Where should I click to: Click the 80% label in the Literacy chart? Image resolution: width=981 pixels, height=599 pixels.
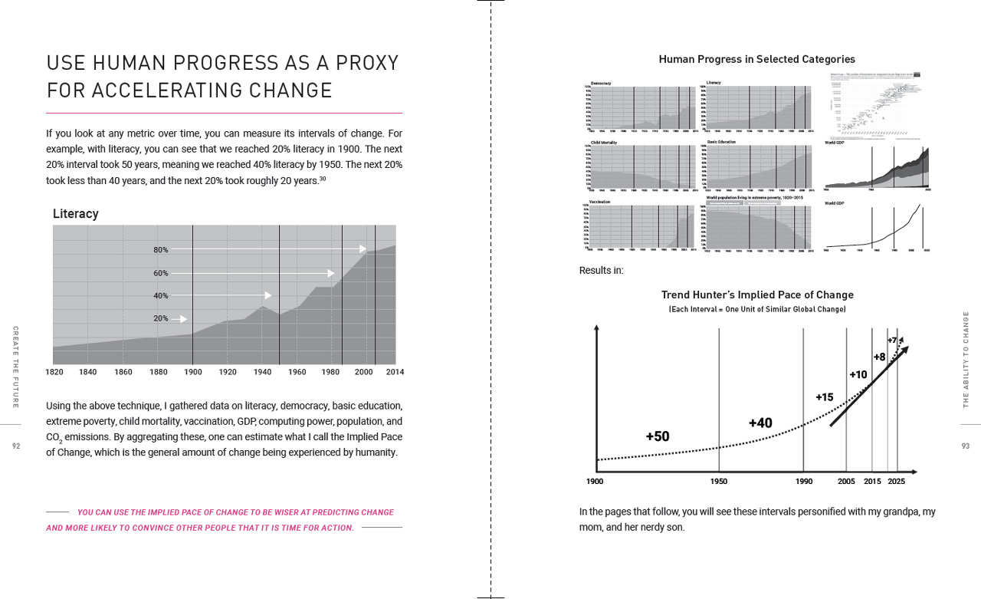point(160,250)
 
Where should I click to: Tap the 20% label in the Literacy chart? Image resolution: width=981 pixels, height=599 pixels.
point(160,318)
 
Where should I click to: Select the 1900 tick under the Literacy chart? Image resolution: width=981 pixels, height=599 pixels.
point(192,372)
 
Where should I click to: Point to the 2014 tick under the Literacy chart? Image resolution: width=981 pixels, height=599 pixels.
point(395,372)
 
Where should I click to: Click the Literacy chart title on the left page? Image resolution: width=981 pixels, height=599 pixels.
point(75,214)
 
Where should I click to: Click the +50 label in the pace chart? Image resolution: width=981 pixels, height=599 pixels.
point(657,436)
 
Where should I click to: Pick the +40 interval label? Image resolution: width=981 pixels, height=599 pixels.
point(760,423)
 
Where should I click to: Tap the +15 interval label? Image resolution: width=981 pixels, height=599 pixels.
point(824,397)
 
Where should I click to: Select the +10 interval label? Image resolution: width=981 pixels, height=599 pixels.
point(858,375)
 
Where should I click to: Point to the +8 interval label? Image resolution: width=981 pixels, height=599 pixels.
point(879,357)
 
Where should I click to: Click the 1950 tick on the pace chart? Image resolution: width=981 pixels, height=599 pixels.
point(719,482)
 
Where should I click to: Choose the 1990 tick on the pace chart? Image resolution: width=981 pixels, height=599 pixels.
point(803,482)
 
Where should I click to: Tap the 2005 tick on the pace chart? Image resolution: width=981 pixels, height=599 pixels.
point(846,482)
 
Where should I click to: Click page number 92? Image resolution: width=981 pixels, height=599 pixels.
point(16,446)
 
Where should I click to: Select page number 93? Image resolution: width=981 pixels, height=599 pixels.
point(965,446)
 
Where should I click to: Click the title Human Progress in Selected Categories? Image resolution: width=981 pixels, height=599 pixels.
point(756,59)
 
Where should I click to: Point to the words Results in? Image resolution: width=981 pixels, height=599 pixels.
point(601,270)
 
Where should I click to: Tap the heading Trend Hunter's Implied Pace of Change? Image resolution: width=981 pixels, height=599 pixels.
point(757,295)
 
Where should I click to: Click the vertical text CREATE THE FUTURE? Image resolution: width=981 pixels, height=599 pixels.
point(16,367)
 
